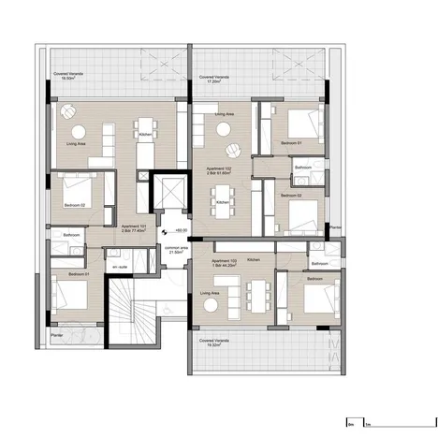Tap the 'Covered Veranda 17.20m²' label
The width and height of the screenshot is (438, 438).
pyautogui.click(x=205, y=79)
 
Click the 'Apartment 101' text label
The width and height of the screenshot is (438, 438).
pyautogui.click(x=136, y=226)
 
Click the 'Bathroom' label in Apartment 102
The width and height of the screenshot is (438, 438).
pyautogui.click(x=302, y=168)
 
